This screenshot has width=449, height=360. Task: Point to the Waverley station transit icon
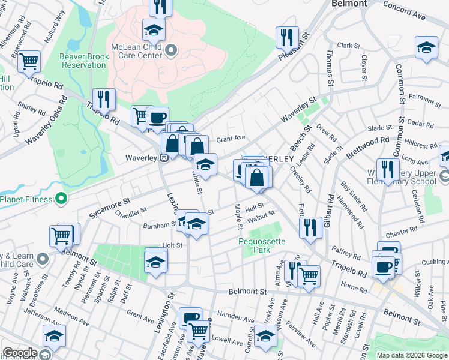pos(163,158)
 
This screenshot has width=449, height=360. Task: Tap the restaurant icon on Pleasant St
pos(288,37)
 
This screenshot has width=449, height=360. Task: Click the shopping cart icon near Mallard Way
pos(29,61)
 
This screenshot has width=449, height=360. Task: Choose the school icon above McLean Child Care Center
pos(154,29)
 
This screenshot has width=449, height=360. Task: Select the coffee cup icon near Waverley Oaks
pos(157,118)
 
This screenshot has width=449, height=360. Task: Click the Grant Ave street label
pos(231,138)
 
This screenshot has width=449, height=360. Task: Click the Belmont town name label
pos(349,4)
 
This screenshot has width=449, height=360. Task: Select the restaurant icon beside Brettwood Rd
pos(388,169)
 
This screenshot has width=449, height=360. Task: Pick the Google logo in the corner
pos(20,353)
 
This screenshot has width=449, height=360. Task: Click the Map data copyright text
pos(412,355)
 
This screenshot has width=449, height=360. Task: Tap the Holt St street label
pos(172,245)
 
